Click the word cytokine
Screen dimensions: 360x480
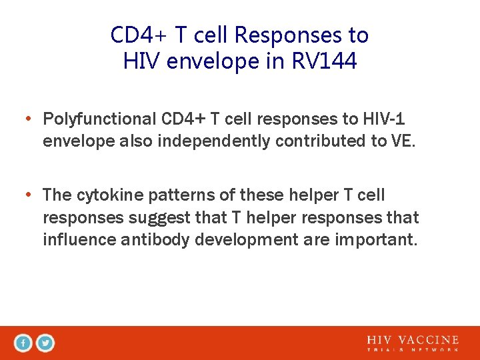click(108, 195)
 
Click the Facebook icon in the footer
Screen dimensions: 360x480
click(23, 343)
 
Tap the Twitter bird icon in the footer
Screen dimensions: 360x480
click(45, 343)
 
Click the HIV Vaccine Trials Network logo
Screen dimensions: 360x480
click(413, 343)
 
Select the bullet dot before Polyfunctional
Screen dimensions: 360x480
click(29, 120)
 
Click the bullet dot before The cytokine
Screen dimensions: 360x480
click(29, 196)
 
